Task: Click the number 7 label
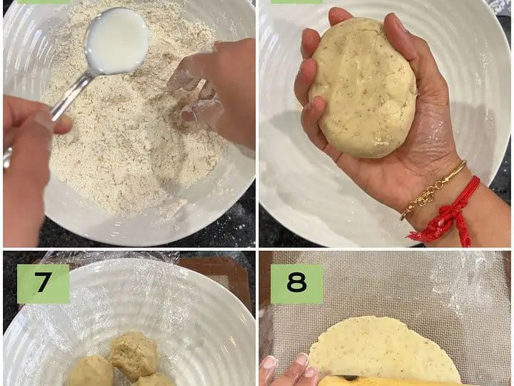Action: click(x=44, y=284)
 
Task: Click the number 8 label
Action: click(x=297, y=284)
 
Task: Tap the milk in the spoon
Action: click(x=116, y=41)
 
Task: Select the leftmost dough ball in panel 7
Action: click(x=91, y=371)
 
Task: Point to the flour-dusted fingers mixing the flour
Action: click(x=197, y=99)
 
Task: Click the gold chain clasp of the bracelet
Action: click(x=425, y=197)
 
